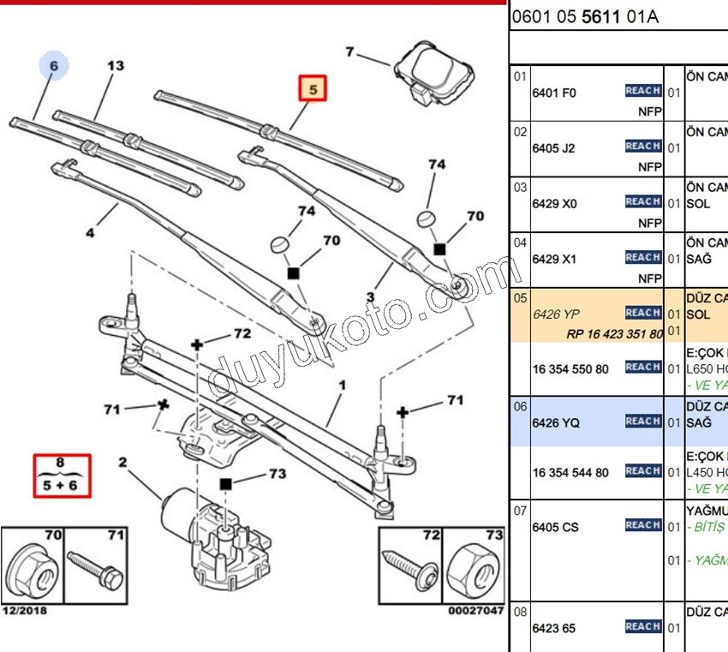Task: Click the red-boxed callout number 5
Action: (x=313, y=89)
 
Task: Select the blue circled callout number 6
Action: (x=53, y=64)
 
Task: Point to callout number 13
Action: (x=116, y=66)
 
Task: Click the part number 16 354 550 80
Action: (x=570, y=368)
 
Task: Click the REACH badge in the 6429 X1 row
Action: (x=642, y=257)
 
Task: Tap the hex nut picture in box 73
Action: (x=474, y=567)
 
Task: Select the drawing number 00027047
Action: (x=475, y=611)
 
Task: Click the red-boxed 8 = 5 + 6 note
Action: (x=60, y=476)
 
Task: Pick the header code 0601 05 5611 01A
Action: (x=586, y=16)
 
